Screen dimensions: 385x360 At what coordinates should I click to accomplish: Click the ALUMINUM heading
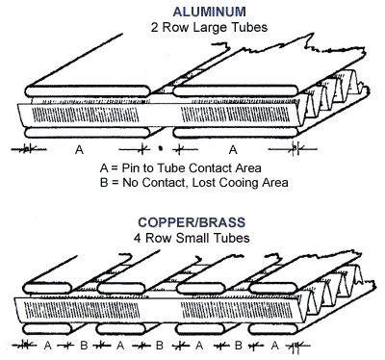(209, 12)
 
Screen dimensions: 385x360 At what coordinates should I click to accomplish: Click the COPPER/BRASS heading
(192, 222)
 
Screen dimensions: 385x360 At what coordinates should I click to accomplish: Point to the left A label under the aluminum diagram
(79, 150)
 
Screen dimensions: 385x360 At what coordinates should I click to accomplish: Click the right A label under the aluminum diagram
(233, 150)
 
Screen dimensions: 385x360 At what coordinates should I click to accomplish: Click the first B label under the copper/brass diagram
(84, 346)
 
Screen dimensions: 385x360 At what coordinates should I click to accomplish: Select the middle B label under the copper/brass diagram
(160, 346)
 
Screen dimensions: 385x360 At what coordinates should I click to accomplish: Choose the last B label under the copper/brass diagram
(238, 346)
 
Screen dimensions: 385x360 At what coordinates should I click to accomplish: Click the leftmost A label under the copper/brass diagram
(48, 346)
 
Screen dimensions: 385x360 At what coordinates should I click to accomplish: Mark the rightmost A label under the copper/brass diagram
(274, 346)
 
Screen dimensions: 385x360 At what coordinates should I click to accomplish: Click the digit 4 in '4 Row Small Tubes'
(138, 239)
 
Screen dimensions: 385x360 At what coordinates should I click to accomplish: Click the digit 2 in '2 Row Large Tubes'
(155, 28)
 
